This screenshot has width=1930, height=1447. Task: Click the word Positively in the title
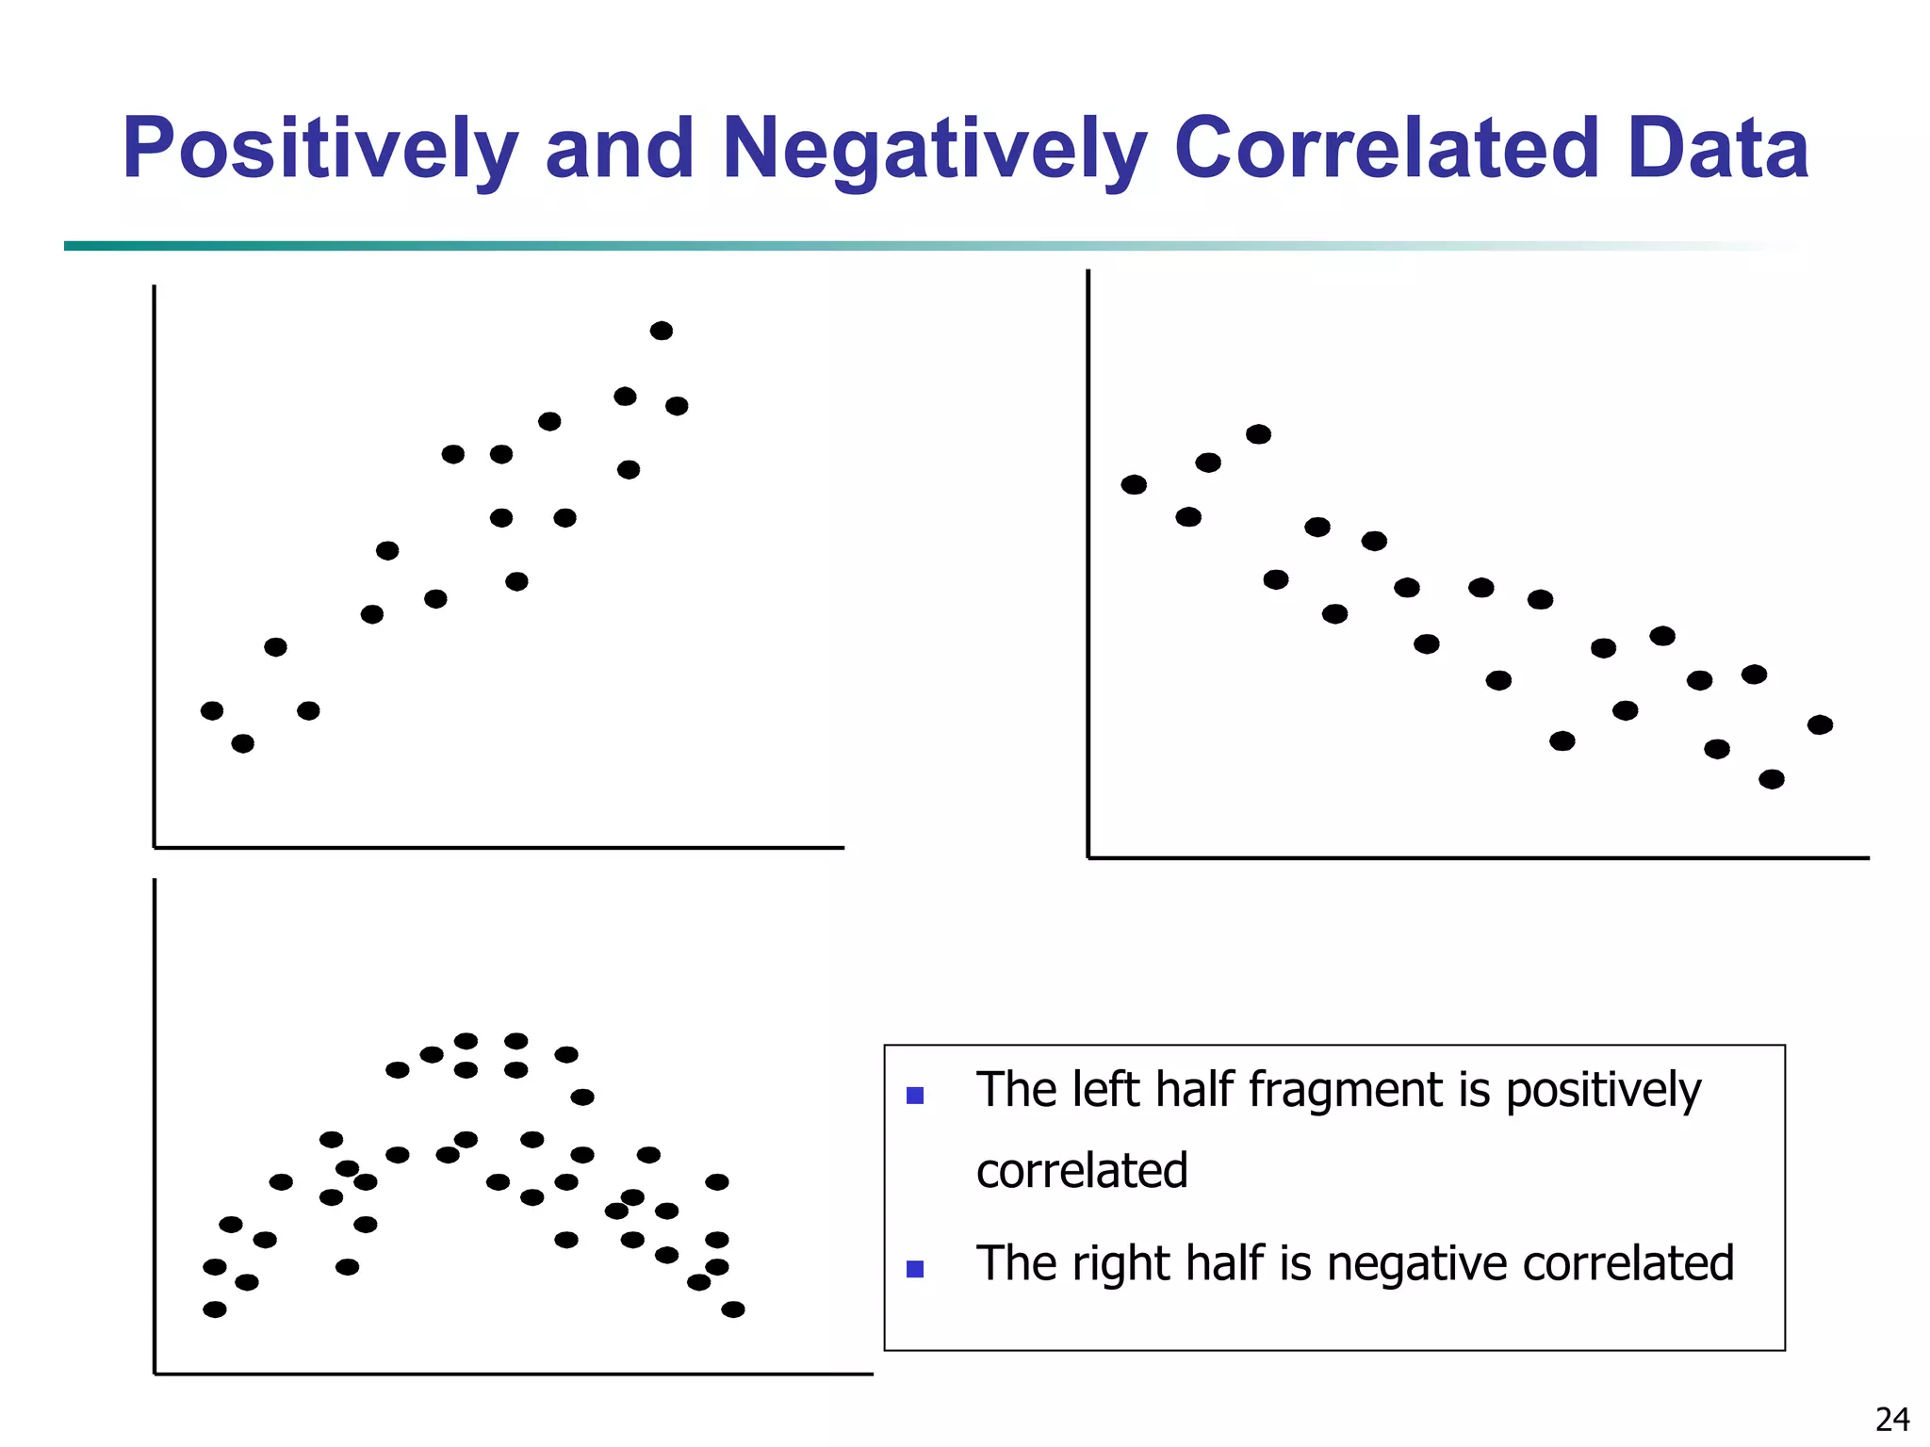coord(320,149)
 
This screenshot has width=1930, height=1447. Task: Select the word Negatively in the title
coord(934,149)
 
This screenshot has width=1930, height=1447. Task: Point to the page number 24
coord(1892,1419)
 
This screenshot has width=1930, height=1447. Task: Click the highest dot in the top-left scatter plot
coord(662,331)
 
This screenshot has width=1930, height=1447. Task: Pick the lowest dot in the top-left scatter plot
coord(242,743)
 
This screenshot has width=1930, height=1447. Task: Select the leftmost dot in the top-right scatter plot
coord(1134,484)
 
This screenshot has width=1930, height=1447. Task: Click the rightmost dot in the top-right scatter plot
coord(1820,724)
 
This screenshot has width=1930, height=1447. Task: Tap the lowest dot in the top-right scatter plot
coord(1772,779)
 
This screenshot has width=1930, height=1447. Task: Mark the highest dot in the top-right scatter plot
coord(1258,434)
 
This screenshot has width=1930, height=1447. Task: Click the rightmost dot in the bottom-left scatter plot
coord(733,1309)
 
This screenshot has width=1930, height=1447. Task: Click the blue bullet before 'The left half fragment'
coord(914,1096)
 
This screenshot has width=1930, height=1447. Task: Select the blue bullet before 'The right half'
coord(914,1269)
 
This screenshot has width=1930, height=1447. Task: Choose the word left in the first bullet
coord(1106,1090)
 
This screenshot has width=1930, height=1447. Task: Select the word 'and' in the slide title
coord(620,149)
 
